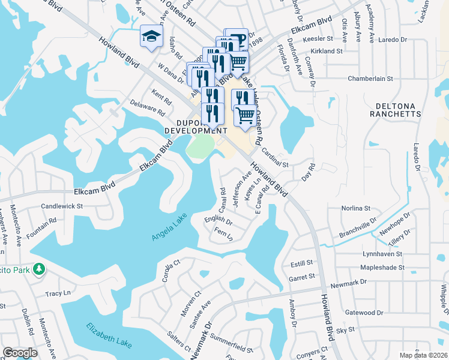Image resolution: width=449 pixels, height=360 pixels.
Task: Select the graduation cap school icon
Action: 151,36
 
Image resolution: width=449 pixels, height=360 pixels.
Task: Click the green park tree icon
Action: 39,269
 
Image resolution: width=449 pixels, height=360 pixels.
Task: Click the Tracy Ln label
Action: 58,294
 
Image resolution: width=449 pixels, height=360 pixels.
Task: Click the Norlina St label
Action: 355,208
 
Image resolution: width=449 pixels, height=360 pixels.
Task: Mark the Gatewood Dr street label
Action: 364,313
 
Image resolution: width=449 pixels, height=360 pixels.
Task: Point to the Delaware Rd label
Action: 148,107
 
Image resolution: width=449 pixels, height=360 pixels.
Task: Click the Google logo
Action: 20,353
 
